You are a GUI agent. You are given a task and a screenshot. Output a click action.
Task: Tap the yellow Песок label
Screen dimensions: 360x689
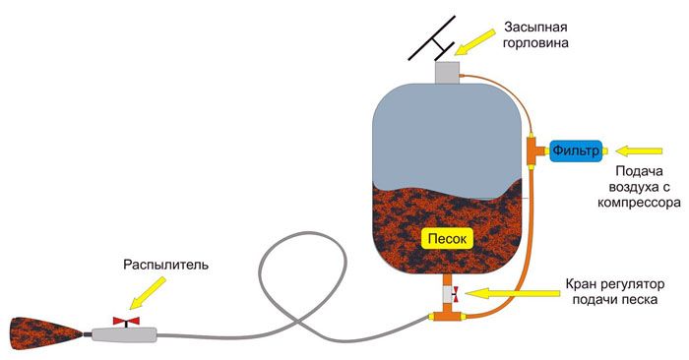(448, 237)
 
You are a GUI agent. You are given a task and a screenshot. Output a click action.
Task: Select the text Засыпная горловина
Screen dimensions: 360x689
(549, 35)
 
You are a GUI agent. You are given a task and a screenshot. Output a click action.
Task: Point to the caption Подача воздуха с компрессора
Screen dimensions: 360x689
(640, 188)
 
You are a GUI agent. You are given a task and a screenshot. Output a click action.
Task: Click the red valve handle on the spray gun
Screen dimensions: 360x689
(127, 321)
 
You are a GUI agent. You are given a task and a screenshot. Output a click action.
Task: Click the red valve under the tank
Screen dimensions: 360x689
(450, 291)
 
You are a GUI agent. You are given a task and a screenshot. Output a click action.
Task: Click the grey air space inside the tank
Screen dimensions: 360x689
(448, 133)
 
